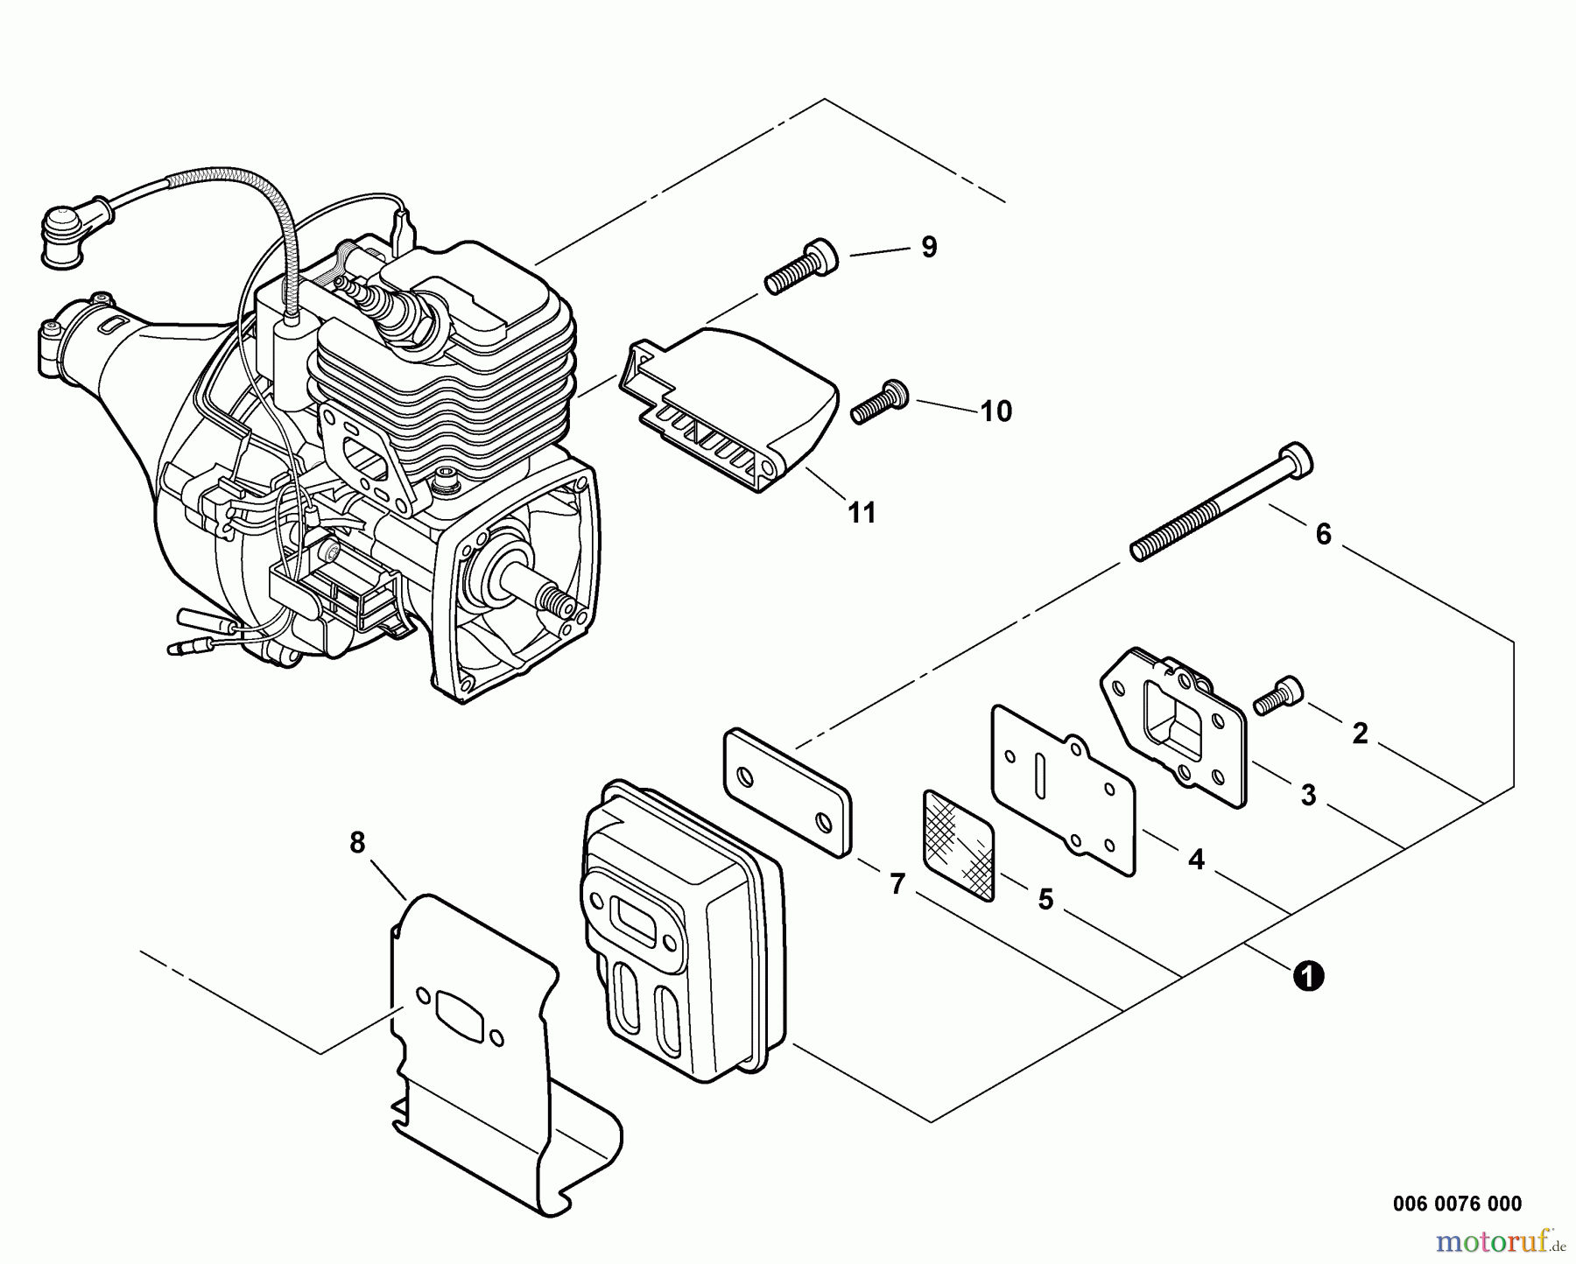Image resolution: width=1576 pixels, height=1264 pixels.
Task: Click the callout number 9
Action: point(929,247)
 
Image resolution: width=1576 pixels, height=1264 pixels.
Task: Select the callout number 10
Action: point(996,411)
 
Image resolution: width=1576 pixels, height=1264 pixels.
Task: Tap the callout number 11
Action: point(862,512)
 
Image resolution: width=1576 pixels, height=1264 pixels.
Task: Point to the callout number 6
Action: point(1323,533)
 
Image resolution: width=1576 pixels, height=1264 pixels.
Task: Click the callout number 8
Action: point(357,842)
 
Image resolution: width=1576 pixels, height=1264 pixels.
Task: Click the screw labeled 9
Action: point(801,264)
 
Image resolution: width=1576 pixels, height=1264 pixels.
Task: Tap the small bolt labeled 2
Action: point(1278,693)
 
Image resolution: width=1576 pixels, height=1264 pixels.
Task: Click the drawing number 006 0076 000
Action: point(1457,1204)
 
